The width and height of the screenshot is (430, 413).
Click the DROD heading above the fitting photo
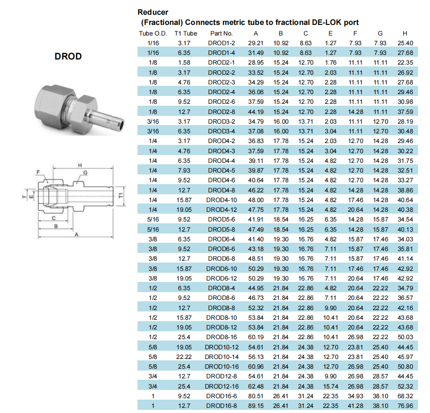pos(68,56)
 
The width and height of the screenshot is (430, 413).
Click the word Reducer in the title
pos(153,12)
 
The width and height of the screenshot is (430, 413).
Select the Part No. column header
pos(221,34)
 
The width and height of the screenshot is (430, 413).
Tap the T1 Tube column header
pos(185,34)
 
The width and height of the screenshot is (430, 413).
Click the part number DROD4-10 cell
pos(221,200)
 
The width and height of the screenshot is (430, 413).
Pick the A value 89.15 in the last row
pos(256,406)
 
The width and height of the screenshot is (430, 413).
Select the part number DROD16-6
pos(221,396)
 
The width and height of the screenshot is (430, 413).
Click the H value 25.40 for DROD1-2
pos(405,43)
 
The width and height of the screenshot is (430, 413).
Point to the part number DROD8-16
pos(221,337)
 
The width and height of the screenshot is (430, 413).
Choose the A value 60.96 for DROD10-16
pos(256,366)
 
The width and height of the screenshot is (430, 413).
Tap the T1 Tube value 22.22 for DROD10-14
pos(184,357)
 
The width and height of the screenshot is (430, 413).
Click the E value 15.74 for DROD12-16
pos(330,386)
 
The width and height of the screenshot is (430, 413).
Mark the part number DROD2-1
pos(221,62)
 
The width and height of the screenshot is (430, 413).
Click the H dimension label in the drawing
pos(80,165)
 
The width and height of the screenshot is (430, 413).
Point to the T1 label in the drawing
pos(121,196)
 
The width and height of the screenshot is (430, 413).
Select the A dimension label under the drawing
pos(77,234)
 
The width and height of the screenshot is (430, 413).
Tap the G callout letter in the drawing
pos(85,173)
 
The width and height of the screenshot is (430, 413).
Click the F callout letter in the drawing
pos(38,172)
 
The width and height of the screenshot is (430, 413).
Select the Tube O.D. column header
pos(153,34)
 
